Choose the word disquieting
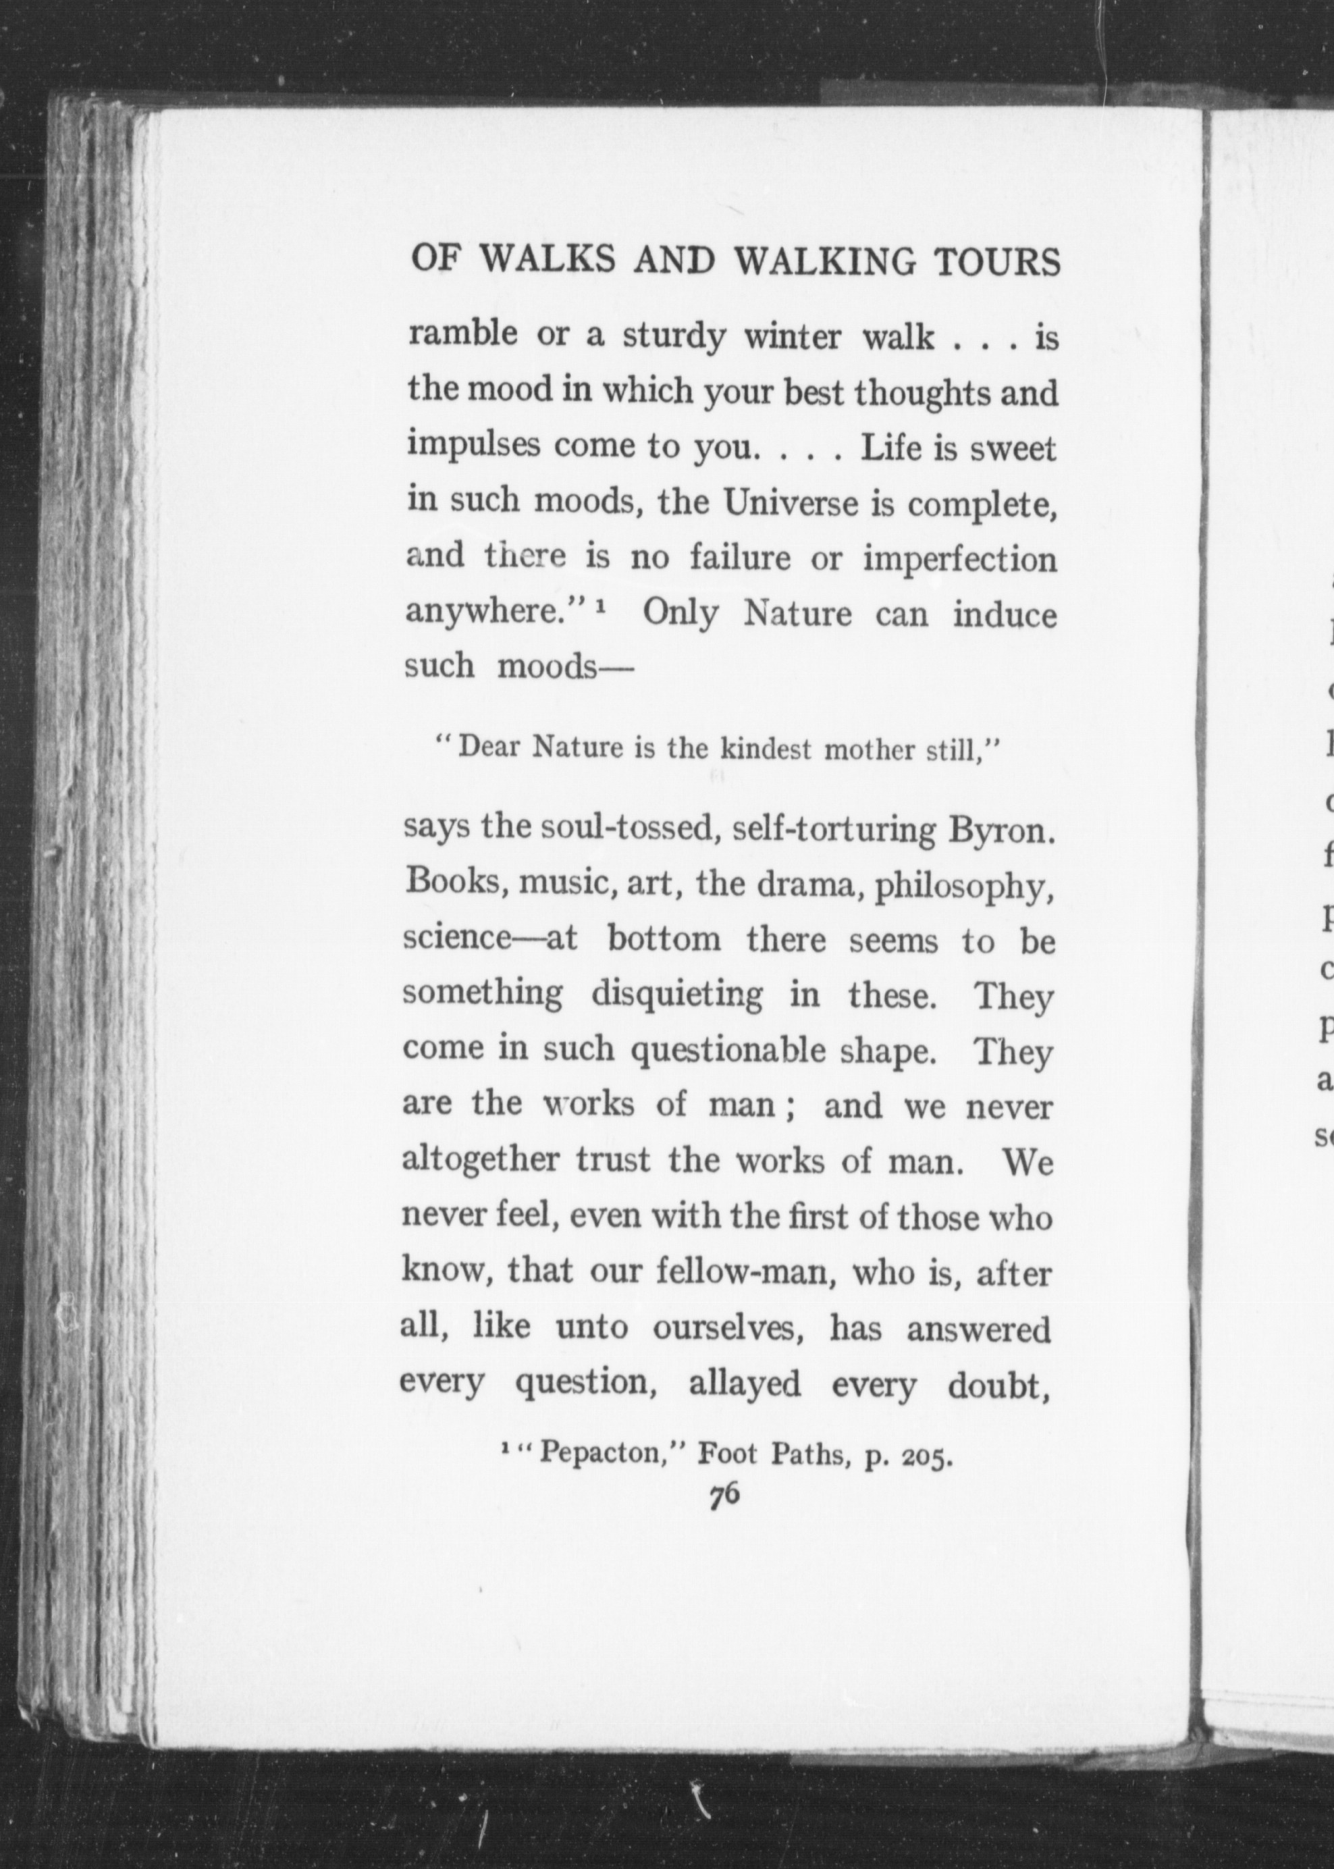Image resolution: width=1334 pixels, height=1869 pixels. [677, 996]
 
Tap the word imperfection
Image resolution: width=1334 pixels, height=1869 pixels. [959, 560]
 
